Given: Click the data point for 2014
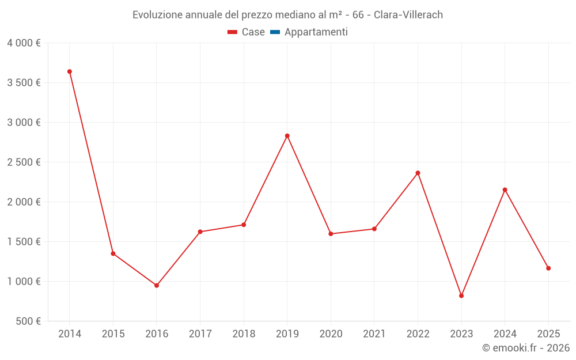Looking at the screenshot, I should (70, 71).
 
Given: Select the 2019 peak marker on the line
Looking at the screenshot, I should (287, 136).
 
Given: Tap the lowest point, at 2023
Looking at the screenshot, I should (461, 295).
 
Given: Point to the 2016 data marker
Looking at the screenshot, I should (157, 285).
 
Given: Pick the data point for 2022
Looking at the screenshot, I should (418, 173).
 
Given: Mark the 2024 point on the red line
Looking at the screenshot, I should (505, 190).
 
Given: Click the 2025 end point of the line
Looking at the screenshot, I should (548, 268).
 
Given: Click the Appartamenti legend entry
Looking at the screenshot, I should (316, 32).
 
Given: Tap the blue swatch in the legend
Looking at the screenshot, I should (275, 32).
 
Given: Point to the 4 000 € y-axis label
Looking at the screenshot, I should (24, 43).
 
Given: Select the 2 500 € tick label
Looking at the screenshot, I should (24, 162).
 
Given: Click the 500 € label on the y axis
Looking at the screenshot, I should (28, 321).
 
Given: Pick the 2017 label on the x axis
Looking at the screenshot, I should (200, 334).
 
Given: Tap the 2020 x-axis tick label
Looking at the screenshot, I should (331, 334).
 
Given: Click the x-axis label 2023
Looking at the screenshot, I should (461, 334).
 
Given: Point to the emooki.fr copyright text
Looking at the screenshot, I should (526, 348).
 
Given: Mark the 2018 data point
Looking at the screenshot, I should (244, 225).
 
